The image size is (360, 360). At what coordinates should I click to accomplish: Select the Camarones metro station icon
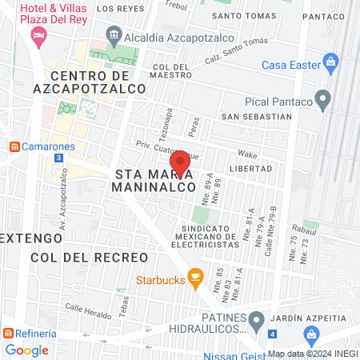tap(14, 146)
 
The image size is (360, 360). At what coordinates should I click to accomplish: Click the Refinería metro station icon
tap(6, 333)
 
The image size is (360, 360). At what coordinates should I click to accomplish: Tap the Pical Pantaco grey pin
tap(323, 100)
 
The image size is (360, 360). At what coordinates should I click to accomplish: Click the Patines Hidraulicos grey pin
tap(256, 322)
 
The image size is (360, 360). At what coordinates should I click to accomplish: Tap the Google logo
tap(26, 350)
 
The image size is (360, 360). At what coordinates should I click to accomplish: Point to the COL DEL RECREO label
tap(90, 258)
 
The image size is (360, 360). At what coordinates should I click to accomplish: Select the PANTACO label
tap(323, 15)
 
